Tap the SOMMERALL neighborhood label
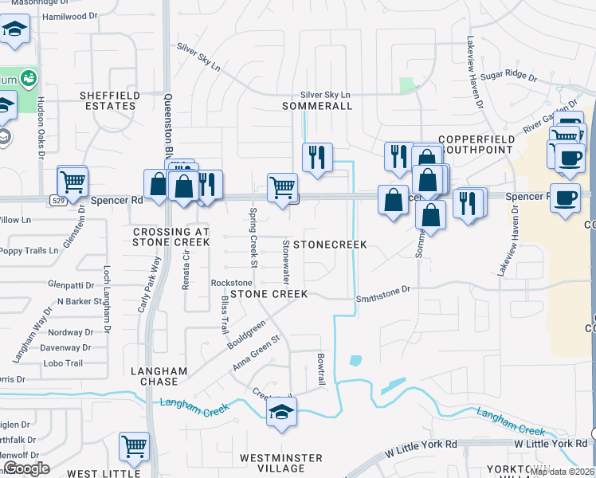coord(312,106)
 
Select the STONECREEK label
coord(330,244)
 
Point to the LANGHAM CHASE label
coord(159,377)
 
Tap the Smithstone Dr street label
coord(382,291)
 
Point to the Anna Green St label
coord(257,351)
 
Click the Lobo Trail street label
coord(63,363)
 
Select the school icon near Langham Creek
coord(280,412)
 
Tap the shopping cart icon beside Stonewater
coord(282,188)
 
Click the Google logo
coord(26,468)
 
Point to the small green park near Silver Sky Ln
coord(407,84)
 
